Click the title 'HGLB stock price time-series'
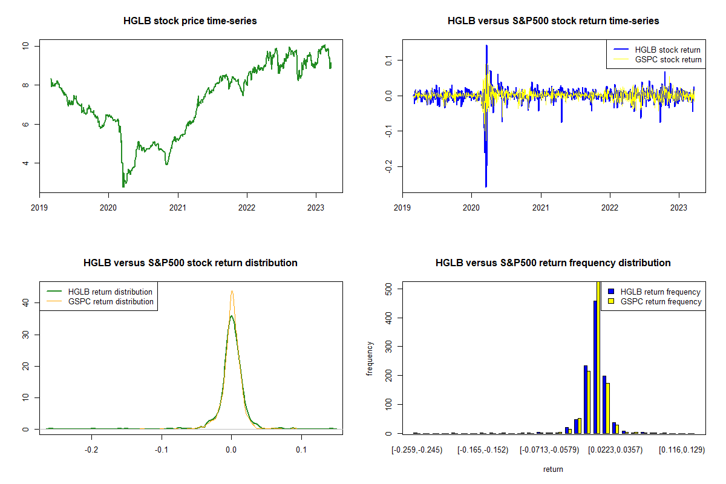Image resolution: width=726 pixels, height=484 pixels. point(190,21)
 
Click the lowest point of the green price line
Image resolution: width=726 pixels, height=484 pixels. point(123,186)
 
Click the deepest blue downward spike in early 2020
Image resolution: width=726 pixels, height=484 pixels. point(486,186)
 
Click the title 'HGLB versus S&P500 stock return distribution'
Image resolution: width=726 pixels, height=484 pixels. point(190,263)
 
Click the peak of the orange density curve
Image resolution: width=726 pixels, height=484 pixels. point(232,291)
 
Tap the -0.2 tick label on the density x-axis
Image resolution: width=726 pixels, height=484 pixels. point(91,450)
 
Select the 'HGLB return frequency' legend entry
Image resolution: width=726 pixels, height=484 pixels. point(664,292)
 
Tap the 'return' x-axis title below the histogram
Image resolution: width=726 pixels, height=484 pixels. point(553,469)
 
